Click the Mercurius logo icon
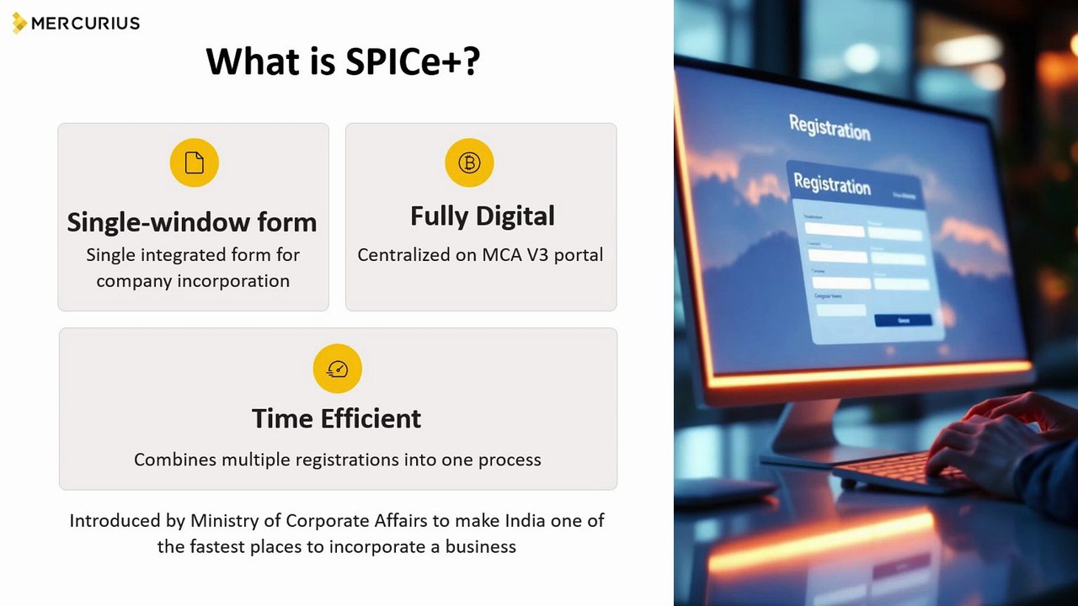click(x=19, y=23)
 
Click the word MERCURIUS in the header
click(x=85, y=24)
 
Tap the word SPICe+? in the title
click(x=413, y=61)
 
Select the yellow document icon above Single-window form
click(x=194, y=162)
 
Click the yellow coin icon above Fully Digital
click(x=469, y=162)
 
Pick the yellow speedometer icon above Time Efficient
click(x=337, y=369)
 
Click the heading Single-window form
click(x=192, y=222)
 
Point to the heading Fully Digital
click(x=482, y=216)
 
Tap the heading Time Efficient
click(x=337, y=418)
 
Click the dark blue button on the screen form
click(x=903, y=320)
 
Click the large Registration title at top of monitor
click(x=830, y=128)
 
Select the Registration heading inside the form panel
click(x=832, y=183)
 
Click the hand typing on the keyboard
click(x=985, y=438)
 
